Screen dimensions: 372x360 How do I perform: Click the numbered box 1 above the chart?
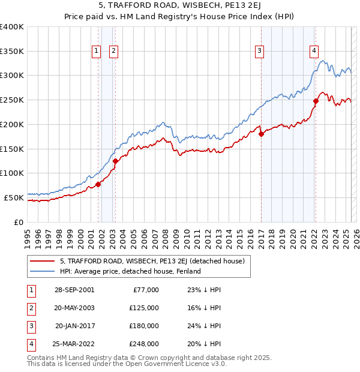[x=96, y=52]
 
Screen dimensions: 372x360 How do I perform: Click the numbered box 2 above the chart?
[x=113, y=52]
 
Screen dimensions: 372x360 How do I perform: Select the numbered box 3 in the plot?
[x=260, y=52]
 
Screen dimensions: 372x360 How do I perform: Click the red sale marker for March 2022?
[x=315, y=101]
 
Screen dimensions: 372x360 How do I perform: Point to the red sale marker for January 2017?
[x=261, y=134]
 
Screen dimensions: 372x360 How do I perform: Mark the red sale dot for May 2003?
[x=115, y=161]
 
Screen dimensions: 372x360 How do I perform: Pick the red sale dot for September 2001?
[x=98, y=184]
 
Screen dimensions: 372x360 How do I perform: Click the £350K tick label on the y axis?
[x=12, y=52]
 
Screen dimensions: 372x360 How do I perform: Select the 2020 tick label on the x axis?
[x=293, y=237]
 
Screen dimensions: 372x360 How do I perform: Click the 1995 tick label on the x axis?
[x=28, y=237]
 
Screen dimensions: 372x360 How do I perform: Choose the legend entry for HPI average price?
[x=130, y=271]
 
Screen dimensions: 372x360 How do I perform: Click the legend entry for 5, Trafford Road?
[x=152, y=261]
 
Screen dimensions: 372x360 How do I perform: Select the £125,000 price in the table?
[x=144, y=307]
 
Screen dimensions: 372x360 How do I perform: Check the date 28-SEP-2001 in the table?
[x=74, y=289]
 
